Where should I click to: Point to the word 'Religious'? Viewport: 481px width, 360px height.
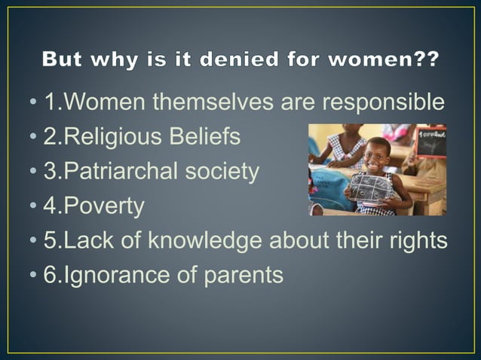point(115,137)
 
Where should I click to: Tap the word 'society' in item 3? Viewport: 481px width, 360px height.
point(222,172)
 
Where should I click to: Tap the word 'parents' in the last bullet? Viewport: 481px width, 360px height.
point(243,276)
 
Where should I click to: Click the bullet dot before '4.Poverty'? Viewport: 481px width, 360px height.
point(36,207)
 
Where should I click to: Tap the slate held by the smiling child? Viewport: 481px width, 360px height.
point(369,188)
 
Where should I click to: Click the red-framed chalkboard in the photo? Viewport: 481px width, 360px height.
point(430,142)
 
